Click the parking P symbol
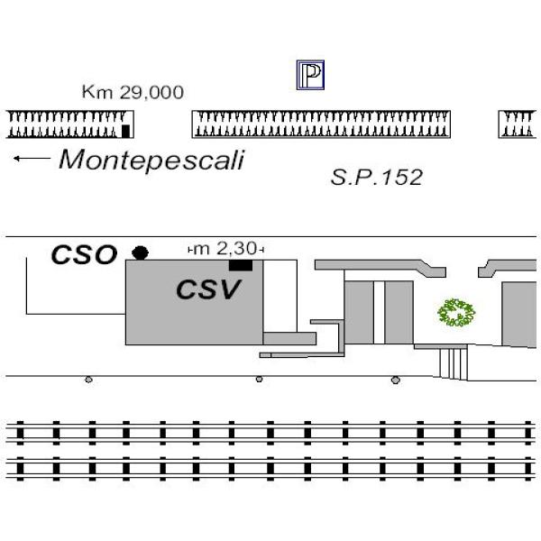point(310,76)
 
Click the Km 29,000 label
point(133,92)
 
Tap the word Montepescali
point(151,160)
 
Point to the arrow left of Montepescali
point(32,160)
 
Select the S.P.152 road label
point(376,178)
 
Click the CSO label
point(84,255)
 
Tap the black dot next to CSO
point(140,252)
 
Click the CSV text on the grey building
point(208,290)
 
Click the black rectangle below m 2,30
point(240,265)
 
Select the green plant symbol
point(456,313)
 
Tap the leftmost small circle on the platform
point(88,380)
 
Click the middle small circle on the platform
point(260,380)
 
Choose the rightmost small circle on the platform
point(395,381)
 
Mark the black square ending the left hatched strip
point(126,131)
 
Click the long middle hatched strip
point(321,124)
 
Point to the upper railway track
point(270,433)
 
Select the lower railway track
point(270,470)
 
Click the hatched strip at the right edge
point(519,124)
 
